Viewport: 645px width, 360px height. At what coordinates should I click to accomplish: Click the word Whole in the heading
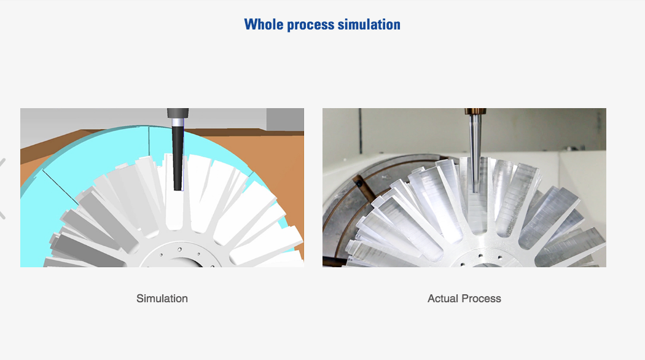(264, 25)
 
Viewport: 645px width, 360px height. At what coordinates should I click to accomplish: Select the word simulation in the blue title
(369, 25)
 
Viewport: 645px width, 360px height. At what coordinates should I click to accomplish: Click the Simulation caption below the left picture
(162, 299)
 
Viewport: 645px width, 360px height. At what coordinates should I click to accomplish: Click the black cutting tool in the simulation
(178, 158)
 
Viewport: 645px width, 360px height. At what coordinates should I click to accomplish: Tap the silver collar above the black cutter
(178, 122)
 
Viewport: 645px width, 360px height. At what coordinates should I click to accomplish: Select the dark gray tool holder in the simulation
(178, 113)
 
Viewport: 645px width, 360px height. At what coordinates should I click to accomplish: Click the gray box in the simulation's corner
(285, 120)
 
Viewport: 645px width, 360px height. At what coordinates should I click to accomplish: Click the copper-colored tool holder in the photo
(475, 111)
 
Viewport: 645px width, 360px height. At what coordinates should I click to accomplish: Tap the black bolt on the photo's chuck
(359, 184)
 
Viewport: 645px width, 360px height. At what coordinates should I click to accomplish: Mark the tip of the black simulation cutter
(178, 190)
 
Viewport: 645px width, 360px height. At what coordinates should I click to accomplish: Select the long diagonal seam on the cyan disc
(60, 187)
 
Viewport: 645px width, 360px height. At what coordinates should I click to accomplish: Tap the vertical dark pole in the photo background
(361, 131)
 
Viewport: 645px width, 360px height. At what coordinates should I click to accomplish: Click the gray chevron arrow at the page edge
(2, 188)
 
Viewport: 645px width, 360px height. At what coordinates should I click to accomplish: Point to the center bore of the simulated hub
(180, 264)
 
